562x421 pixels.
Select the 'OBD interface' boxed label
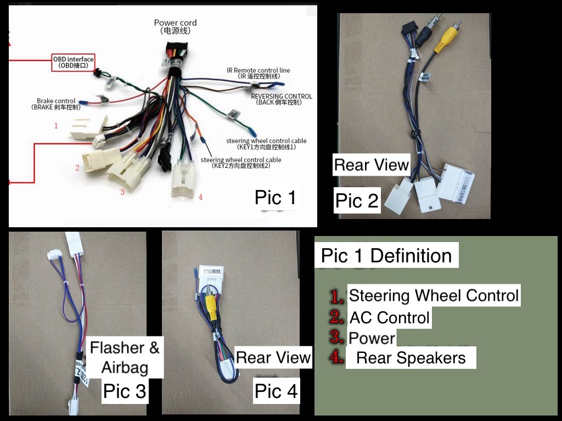click(x=73, y=62)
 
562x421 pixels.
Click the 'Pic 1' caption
click(x=276, y=198)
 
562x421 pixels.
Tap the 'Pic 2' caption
click(x=357, y=201)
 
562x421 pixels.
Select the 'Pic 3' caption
click(x=125, y=391)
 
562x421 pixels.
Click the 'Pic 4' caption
click(x=276, y=391)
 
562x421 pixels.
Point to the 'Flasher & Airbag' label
click(x=125, y=357)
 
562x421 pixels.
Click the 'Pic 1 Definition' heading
click(x=386, y=256)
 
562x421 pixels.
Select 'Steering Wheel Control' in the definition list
click(x=434, y=295)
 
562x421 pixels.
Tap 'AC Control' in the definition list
click(x=390, y=317)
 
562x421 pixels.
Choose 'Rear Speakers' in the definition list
click(x=411, y=358)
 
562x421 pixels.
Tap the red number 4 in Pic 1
click(x=201, y=197)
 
